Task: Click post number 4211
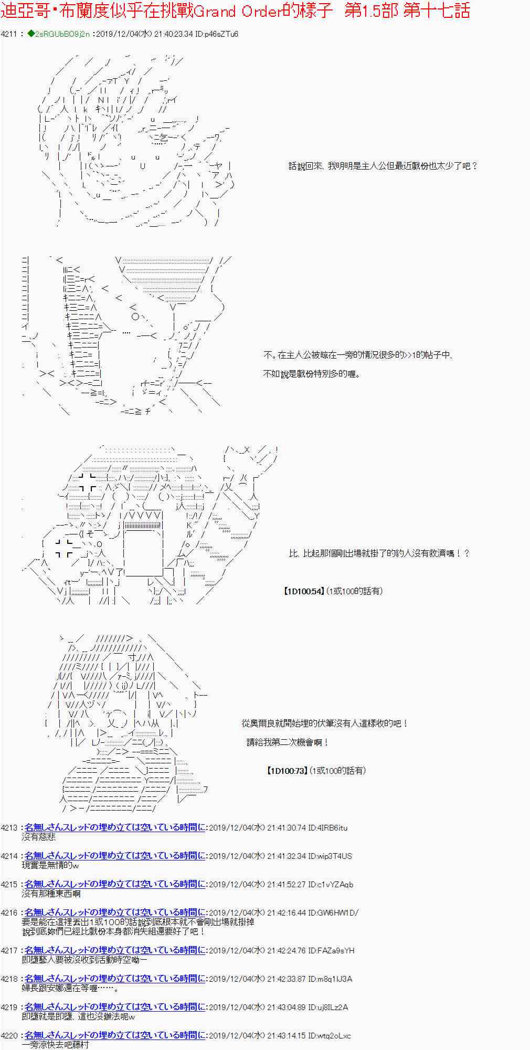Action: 9,34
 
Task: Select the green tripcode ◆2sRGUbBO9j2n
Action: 58,34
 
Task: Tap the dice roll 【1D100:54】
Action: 304,591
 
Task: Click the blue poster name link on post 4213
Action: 115,827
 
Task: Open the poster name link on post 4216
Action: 115,912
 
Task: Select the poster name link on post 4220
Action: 115,1035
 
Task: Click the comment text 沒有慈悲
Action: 38,837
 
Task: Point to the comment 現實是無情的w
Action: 50,865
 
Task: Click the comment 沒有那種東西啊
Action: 51,894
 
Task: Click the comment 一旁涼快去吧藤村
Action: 56,1045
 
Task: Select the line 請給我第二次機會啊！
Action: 288,742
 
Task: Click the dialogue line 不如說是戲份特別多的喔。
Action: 312,374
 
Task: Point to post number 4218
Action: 9,979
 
